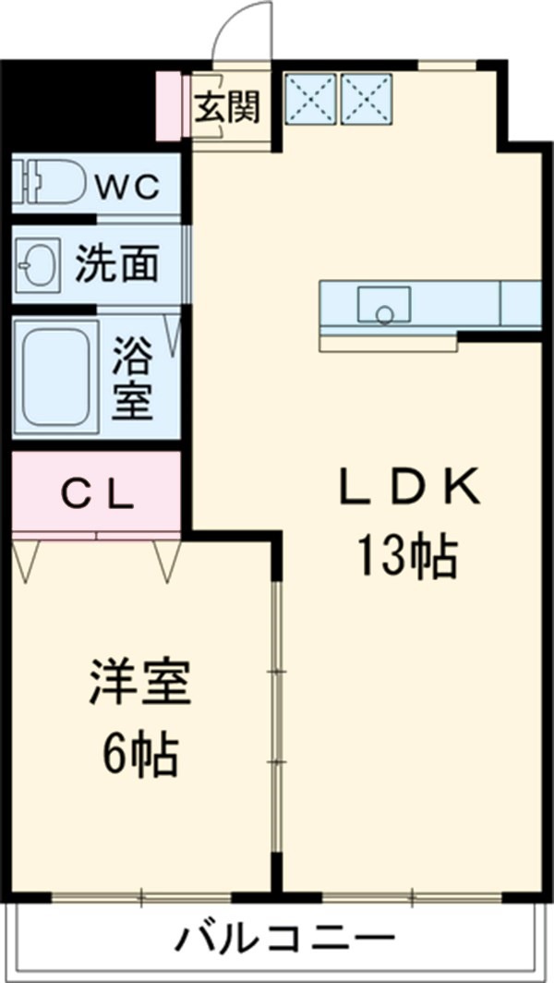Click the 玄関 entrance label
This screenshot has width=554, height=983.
227,107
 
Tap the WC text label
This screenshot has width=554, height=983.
129,188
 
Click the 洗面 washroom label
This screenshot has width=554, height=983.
116,265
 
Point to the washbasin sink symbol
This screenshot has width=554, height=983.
38,266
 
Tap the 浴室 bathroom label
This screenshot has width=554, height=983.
133,379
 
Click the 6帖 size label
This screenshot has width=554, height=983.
140,756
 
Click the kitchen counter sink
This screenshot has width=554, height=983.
385,305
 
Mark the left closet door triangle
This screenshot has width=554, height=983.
26,559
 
